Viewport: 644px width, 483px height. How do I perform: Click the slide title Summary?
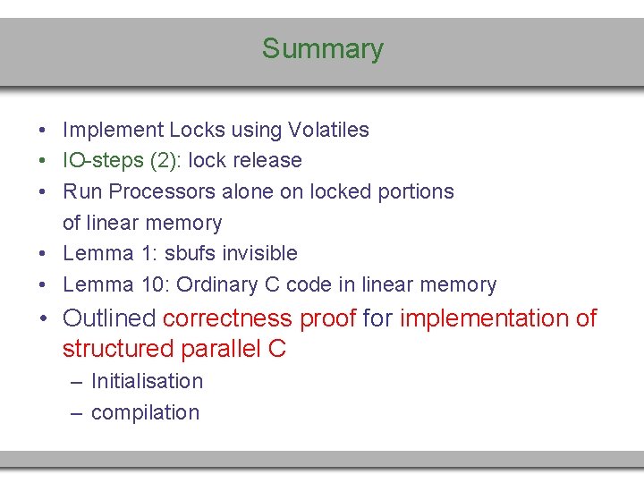tap(322, 48)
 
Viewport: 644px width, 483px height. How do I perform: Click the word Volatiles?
tap(328, 130)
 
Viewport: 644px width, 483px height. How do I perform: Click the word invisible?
tap(266, 253)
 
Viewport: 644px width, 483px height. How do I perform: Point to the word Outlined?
tap(109, 318)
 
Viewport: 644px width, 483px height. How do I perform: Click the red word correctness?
tap(227, 318)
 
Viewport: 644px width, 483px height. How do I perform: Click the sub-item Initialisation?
tap(147, 381)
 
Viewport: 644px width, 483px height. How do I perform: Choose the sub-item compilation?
tap(145, 412)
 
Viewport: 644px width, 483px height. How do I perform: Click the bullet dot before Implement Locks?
tap(43, 131)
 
